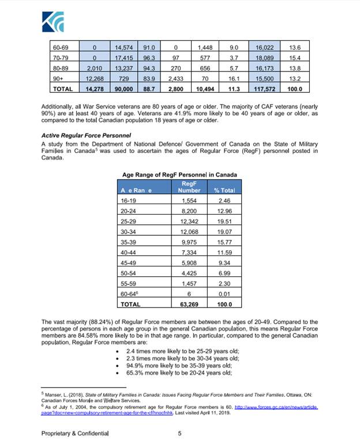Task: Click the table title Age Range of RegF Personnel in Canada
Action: tap(179, 175)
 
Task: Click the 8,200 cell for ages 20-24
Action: tap(189, 212)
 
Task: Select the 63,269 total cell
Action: tap(189, 303)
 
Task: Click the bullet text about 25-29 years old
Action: tap(182, 351)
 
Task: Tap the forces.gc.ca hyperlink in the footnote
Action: tap(272, 407)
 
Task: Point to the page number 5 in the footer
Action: tap(179, 433)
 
